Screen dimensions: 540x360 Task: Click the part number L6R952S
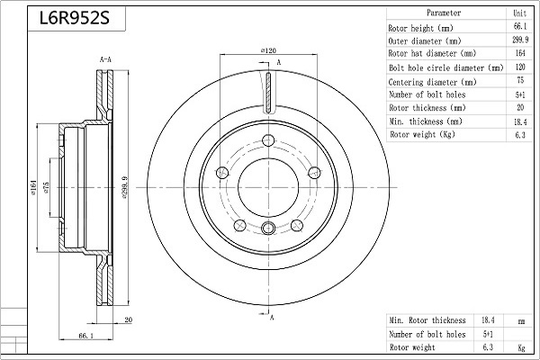tap(75, 18)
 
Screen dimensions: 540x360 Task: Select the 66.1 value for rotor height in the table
tap(520, 26)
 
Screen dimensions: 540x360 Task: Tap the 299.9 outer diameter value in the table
tap(520, 40)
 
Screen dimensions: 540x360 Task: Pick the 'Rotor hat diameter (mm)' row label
tap(432, 53)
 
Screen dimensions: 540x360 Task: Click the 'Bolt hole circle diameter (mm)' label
tap(446, 67)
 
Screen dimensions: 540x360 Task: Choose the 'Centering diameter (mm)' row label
tap(432, 82)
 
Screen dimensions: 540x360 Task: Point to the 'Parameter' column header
tap(444, 13)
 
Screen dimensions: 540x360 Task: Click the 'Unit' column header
tap(520, 13)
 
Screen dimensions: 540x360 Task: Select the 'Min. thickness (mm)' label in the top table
tap(426, 121)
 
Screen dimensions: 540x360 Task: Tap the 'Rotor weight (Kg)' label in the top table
tap(423, 134)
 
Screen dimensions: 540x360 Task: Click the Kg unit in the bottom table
tap(521, 347)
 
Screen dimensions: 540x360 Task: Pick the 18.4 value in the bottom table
tap(488, 320)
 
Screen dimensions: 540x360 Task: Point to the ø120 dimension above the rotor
tap(268, 50)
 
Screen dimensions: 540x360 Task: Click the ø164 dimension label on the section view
tap(33, 187)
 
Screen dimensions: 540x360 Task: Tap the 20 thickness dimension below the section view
tap(128, 319)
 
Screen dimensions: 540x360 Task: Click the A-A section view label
tap(105, 59)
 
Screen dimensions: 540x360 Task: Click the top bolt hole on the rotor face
tap(268, 140)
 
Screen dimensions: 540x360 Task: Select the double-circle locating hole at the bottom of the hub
tap(268, 228)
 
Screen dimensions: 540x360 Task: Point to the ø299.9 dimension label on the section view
tap(125, 188)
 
